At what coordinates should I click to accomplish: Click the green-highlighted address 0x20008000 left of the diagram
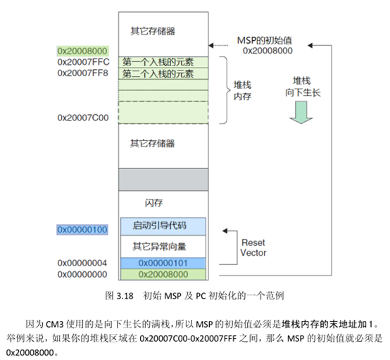pyautogui.click(x=82, y=51)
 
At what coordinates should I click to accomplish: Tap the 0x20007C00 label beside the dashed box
pyautogui.click(x=82, y=118)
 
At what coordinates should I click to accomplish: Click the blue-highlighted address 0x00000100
pyautogui.click(x=82, y=230)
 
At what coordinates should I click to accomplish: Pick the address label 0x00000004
pyautogui.click(x=82, y=263)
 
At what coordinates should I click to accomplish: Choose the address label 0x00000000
pyautogui.click(x=82, y=274)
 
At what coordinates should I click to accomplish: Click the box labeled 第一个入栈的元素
pyautogui.click(x=163, y=62)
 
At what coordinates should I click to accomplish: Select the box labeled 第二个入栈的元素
pyautogui.click(x=163, y=73)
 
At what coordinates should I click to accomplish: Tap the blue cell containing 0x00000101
pyautogui.click(x=163, y=263)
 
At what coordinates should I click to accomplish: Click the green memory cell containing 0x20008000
pyautogui.click(x=163, y=274)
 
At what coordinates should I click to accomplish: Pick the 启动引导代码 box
pyautogui.click(x=163, y=226)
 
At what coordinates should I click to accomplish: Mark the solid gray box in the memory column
pyautogui.click(x=163, y=178)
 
